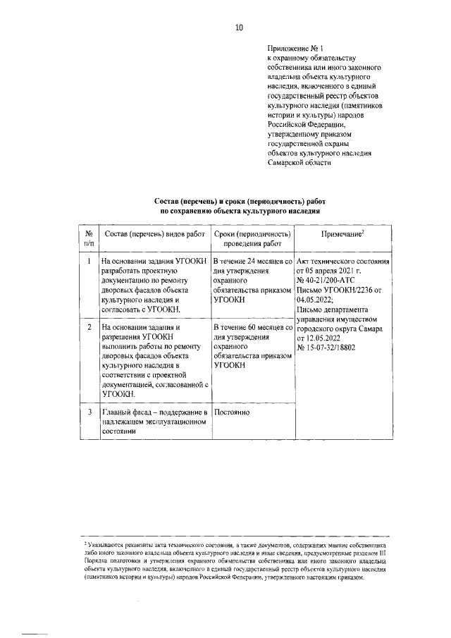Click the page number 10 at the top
point(239,27)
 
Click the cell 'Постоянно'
point(233,412)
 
